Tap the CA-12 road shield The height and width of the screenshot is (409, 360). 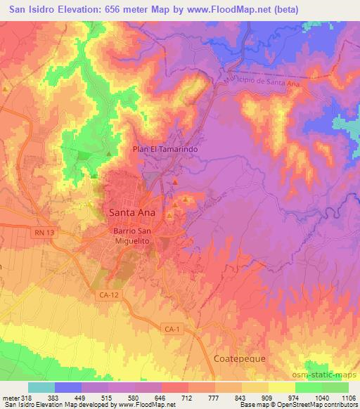(104, 297)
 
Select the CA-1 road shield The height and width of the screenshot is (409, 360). (169, 329)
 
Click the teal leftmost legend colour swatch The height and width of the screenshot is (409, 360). (41, 387)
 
